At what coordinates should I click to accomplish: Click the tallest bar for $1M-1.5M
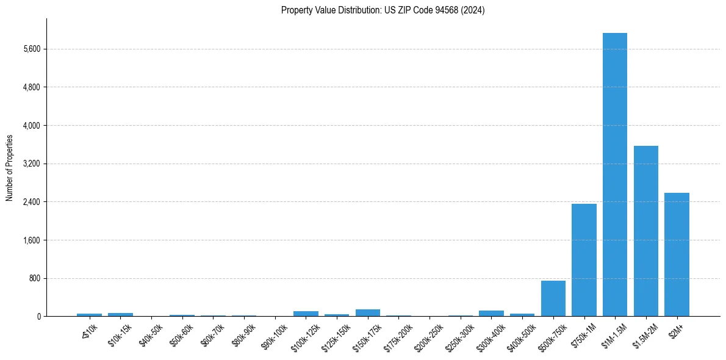click(x=614, y=175)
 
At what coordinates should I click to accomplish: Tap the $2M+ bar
click(x=677, y=254)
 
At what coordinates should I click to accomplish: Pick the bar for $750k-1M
click(x=584, y=260)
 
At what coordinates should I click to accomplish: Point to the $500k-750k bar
click(x=553, y=298)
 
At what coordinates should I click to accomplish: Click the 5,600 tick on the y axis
click(x=31, y=49)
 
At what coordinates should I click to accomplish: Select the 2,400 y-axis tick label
click(x=31, y=202)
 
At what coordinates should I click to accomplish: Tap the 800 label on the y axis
click(x=34, y=278)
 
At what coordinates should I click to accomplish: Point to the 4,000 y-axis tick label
click(x=31, y=126)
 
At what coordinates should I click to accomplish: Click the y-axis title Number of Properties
click(x=9, y=167)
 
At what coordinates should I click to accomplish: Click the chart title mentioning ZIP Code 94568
click(x=383, y=10)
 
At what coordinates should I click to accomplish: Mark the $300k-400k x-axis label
click(x=492, y=334)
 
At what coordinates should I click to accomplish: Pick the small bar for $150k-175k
click(x=367, y=313)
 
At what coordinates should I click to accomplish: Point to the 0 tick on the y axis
click(x=38, y=317)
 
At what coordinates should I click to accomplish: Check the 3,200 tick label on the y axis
click(x=31, y=164)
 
